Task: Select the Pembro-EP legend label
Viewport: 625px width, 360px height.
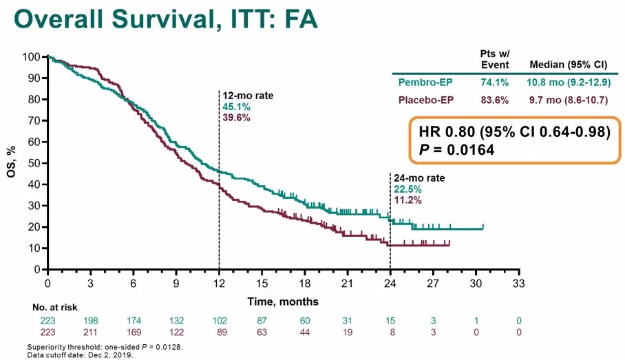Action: (x=425, y=83)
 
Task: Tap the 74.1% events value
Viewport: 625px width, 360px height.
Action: (x=494, y=83)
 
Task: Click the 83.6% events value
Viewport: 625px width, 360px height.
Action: (x=494, y=100)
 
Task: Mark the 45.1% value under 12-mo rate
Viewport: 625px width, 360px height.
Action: (x=235, y=107)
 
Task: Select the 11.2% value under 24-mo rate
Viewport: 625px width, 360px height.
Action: (x=407, y=200)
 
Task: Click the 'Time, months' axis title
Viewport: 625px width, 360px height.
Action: (x=282, y=301)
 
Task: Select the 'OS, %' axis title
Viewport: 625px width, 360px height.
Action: (x=12, y=162)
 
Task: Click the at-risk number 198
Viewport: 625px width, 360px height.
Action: (x=90, y=320)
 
